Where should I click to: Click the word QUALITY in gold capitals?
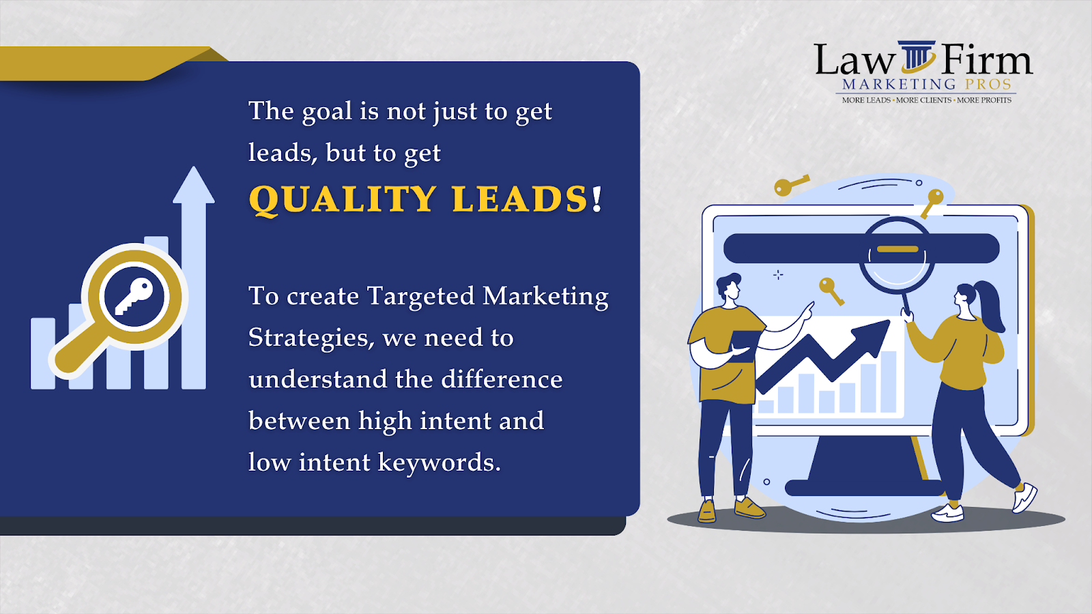tap(342, 200)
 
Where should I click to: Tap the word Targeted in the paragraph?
tap(420, 297)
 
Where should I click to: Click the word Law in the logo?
tap(854, 61)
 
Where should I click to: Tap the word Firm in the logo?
tap(987, 60)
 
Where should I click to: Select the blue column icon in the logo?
tap(917, 56)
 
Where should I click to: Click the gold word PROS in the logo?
tap(988, 85)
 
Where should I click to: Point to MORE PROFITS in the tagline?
tap(984, 100)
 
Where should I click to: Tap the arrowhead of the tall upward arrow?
tap(194, 185)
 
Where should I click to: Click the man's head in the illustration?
tap(729, 287)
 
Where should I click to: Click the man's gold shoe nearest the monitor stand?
tap(749, 508)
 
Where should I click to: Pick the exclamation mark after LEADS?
tap(597, 199)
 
